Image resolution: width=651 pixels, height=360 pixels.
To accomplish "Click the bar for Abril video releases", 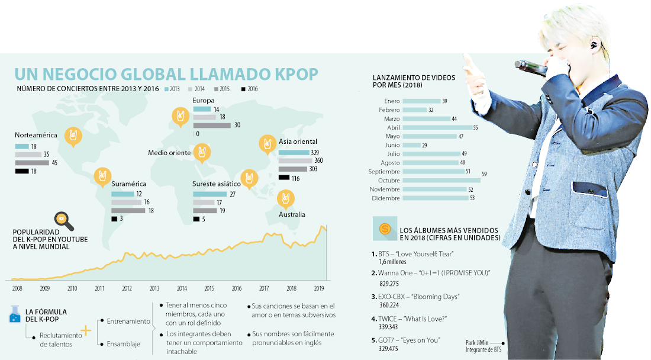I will [437, 127].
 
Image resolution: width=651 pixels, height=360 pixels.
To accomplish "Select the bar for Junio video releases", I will [411, 145].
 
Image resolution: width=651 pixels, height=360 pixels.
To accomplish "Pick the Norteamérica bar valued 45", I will [32, 163].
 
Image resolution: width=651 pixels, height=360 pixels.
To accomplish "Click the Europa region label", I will [204, 101].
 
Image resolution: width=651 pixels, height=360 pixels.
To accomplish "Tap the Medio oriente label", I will [169, 153].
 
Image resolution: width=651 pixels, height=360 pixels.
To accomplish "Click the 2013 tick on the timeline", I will [154, 288].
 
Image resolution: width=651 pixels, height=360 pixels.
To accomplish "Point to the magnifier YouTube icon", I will [63, 221].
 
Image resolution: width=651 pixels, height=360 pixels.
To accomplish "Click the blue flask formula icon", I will [16, 315].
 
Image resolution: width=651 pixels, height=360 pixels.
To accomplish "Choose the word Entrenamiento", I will [129, 321].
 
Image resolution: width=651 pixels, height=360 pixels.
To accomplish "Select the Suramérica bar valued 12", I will [123, 194].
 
